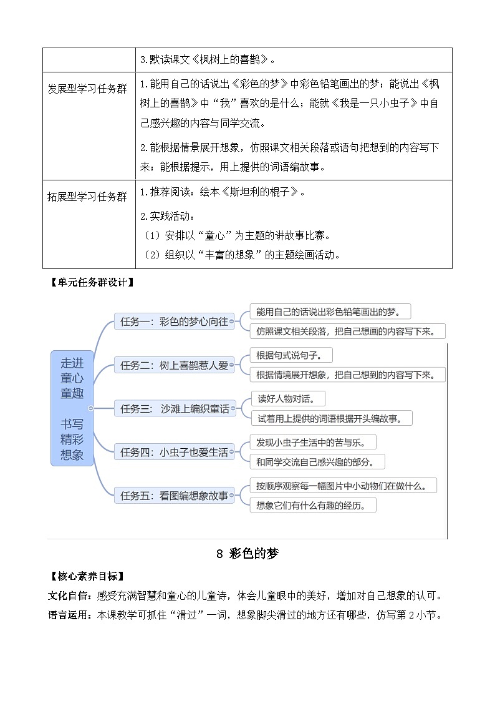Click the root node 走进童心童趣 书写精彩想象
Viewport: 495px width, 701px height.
[72, 408]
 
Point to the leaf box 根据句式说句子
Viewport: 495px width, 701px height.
[291, 355]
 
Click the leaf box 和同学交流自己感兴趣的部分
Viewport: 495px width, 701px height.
[317, 462]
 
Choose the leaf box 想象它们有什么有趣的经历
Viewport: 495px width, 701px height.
[312, 505]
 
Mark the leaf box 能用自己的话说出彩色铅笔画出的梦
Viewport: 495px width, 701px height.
[330, 311]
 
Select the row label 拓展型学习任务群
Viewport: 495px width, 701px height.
[87, 197]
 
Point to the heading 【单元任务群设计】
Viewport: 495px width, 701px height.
[92, 282]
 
